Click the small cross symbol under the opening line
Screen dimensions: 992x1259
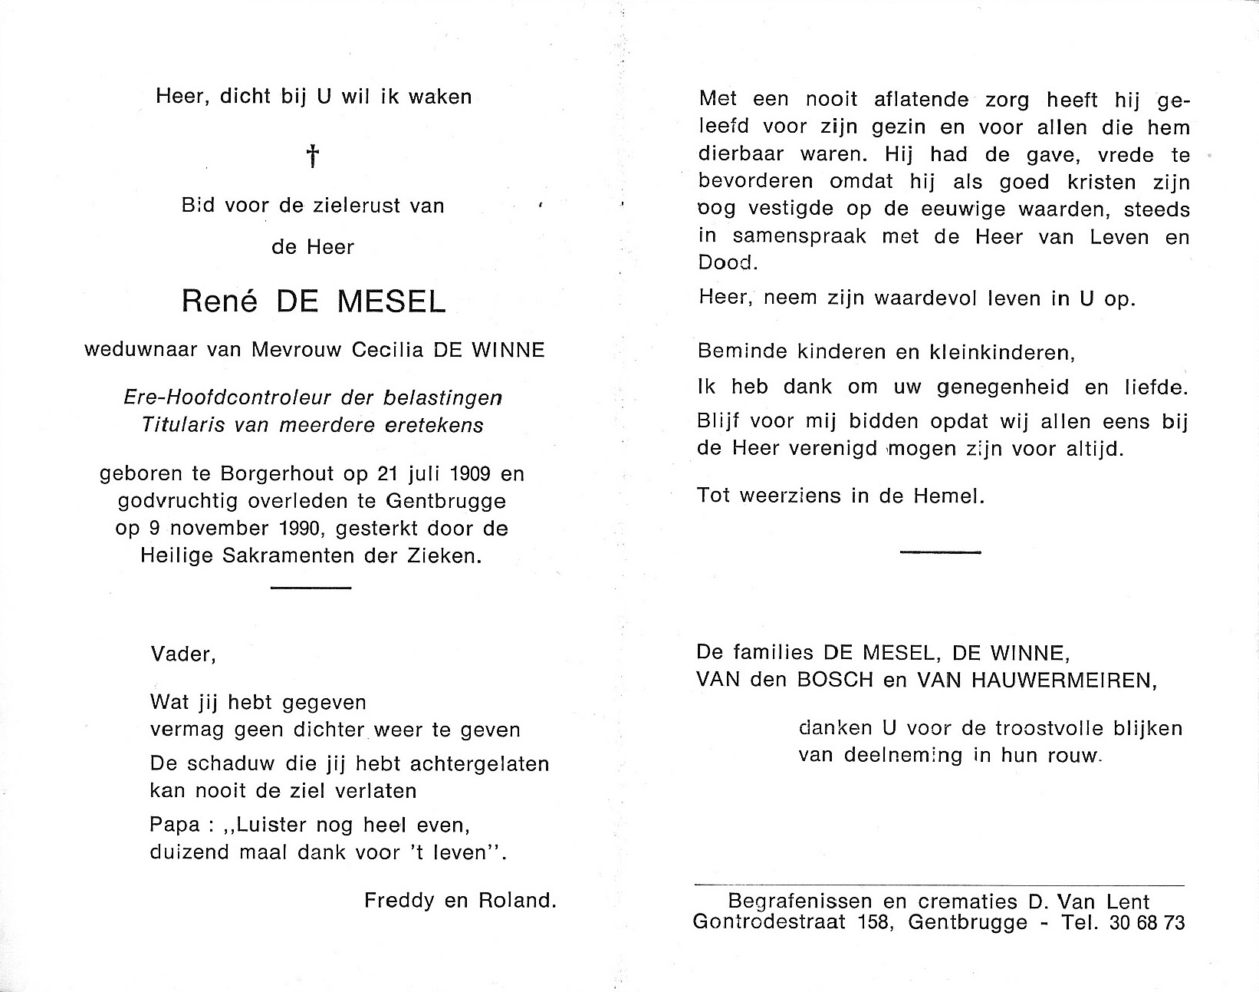coord(313,157)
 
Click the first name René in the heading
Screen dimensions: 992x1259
coord(213,302)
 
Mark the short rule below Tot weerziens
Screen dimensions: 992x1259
coord(940,552)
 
